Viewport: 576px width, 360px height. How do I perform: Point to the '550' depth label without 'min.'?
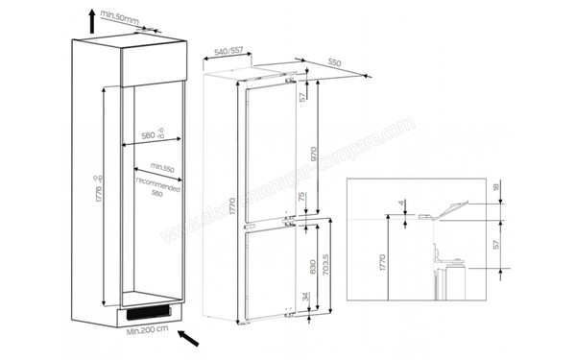point(335,61)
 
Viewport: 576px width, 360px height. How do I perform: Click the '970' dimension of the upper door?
point(305,153)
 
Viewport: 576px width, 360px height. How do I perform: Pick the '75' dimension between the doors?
point(305,200)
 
